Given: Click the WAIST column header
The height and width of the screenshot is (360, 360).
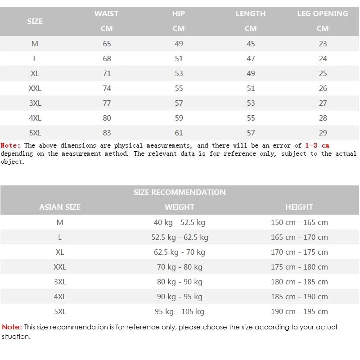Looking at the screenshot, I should [107, 13].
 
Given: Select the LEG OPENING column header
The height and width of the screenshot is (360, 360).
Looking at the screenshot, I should [323, 13].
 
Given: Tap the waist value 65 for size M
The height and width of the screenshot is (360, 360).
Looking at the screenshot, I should [107, 44].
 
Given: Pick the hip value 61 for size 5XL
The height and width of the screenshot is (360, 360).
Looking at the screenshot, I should [179, 133].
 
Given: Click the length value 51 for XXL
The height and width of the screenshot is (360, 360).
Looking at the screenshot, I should [251, 88].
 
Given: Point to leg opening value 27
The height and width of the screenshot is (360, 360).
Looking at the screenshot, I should [323, 103].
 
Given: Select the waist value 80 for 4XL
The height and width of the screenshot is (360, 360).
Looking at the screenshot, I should [107, 118].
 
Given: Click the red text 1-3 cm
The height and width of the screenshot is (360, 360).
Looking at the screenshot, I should [317, 145].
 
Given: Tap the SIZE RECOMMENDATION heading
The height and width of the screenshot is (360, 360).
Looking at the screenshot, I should [180, 192].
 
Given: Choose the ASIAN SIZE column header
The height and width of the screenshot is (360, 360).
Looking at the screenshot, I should [60, 207].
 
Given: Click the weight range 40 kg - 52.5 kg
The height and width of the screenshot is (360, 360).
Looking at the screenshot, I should [180, 222].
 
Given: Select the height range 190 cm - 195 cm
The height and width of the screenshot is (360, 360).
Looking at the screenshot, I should [299, 311].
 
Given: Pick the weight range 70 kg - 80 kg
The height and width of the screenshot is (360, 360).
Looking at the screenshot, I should [180, 267].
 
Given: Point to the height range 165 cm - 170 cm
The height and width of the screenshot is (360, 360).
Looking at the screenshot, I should [299, 237].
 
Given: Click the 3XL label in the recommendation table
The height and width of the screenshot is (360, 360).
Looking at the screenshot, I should [60, 282].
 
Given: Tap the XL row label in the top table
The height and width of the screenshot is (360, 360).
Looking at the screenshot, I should [35, 73].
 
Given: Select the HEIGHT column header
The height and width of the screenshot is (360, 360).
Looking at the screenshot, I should [299, 207].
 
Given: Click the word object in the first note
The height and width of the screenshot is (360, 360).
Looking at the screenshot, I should [12, 162].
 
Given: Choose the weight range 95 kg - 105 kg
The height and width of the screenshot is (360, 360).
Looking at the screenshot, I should [180, 311].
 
